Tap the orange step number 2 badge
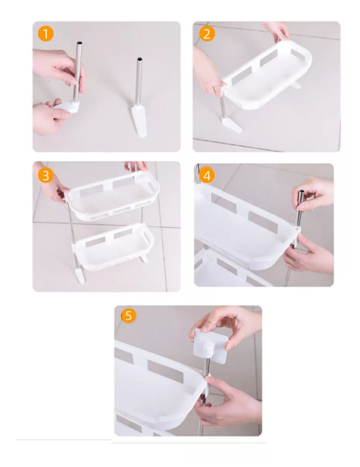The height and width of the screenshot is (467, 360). point(207,34)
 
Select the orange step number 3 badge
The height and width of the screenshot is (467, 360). point(46,176)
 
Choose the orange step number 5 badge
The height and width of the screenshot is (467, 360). point(129,316)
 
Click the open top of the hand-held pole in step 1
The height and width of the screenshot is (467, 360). point(79,43)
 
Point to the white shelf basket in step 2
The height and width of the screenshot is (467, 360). point(267,77)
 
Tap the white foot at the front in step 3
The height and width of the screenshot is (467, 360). point(80,275)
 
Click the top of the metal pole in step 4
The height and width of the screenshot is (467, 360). point(301,192)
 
